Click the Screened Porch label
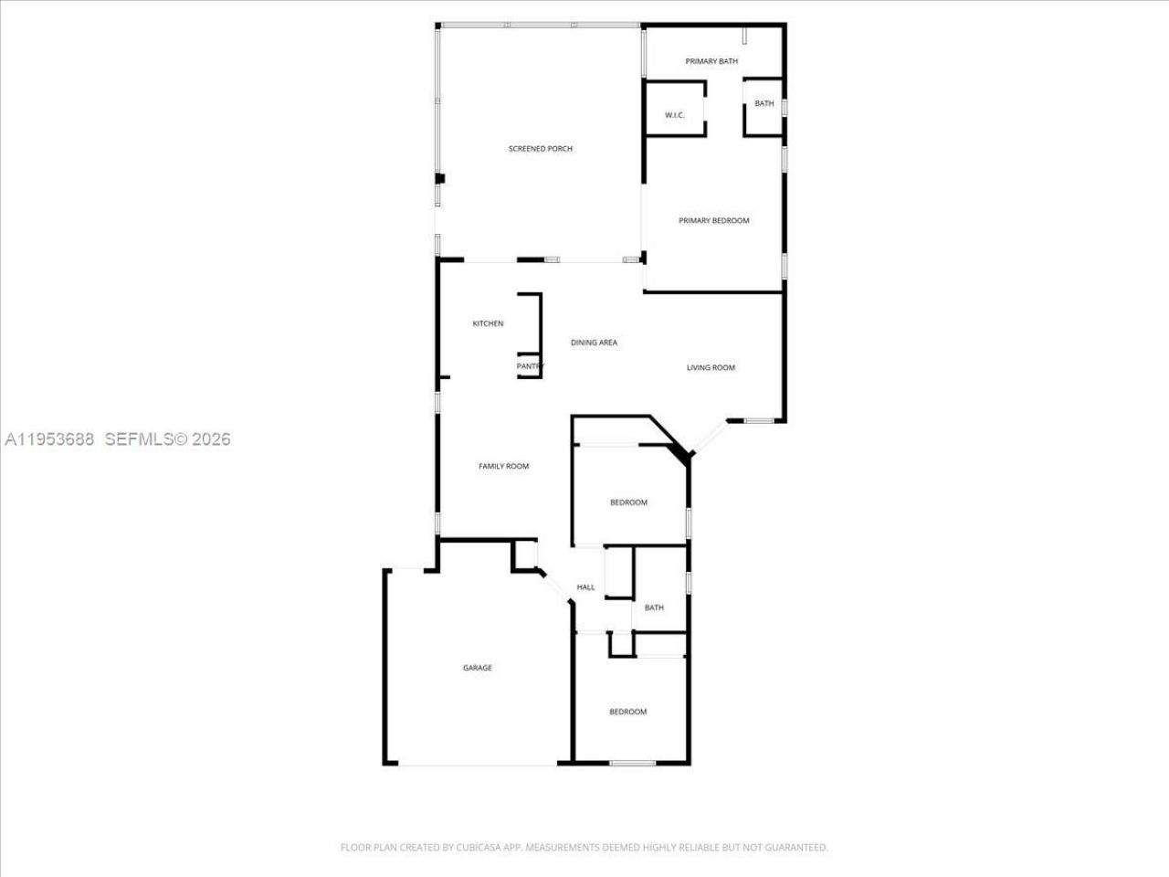click(541, 149)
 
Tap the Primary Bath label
click(712, 61)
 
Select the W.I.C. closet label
click(675, 115)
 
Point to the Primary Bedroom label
click(714, 221)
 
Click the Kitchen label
click(488, 323)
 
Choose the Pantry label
click(530, 366)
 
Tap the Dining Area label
click(594, 343)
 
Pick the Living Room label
click(711, 368)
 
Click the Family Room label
click(504, 467)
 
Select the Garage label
click(477, 668)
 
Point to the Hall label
click(586, 587)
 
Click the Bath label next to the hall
click(654, 608)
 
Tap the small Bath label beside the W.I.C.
click(764, 104)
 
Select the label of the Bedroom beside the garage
click(628, 712)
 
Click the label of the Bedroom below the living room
click(628, 502)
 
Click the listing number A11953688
click(49, 439)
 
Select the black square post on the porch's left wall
click(439, 179)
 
